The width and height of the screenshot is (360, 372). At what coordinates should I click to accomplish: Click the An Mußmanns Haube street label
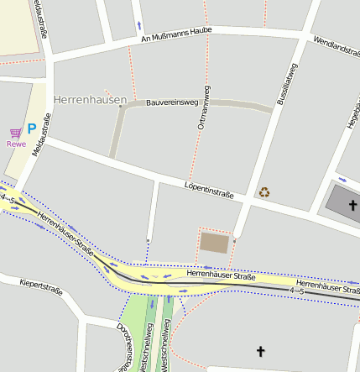(x=175, y=34)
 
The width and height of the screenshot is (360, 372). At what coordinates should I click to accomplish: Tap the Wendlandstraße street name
(x=335, y=50)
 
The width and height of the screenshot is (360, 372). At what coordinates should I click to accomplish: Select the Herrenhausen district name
(x=87, y=99)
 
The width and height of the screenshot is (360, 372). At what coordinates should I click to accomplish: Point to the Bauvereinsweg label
(x=171, y=103)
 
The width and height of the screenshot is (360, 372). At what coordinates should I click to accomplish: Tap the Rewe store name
(x=16, y=144)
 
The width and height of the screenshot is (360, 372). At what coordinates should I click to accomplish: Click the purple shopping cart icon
(x=15, y=133)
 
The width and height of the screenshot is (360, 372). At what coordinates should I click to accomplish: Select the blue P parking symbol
(x=32, y=129)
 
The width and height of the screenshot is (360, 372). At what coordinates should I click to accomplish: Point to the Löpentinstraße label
(x=209, y=189)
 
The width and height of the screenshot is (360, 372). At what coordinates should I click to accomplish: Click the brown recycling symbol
(x=265, y=192)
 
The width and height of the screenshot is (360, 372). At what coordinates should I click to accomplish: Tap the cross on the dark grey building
(x=353, y=205)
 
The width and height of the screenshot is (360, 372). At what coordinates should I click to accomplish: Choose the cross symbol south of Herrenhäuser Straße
(x=260, y=350)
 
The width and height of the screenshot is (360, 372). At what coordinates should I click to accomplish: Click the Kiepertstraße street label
(x=40, y=286)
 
